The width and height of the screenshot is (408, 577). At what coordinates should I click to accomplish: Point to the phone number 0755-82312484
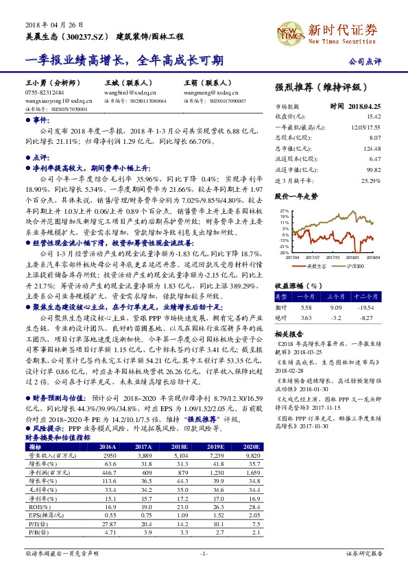45,91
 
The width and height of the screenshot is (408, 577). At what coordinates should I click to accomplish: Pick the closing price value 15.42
371,116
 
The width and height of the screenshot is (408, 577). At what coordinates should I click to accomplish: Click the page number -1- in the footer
204,552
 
